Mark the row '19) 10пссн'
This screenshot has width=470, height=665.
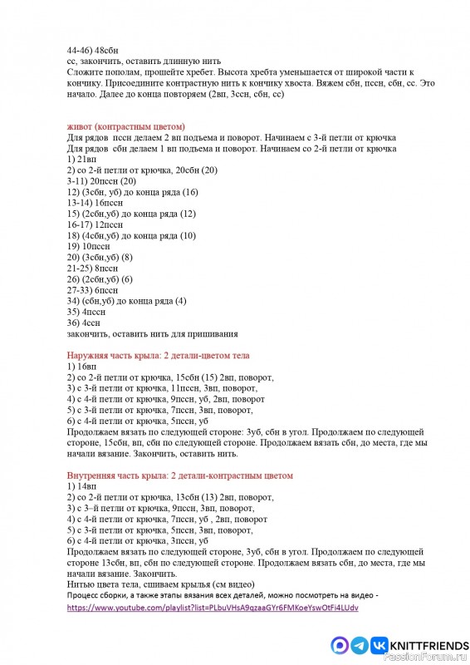[x=86, y=247]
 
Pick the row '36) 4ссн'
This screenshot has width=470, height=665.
[x=82, y=323]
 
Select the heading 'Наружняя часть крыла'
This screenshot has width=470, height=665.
[x=128, y=356]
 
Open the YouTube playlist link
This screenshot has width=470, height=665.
[x=213, y=608]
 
